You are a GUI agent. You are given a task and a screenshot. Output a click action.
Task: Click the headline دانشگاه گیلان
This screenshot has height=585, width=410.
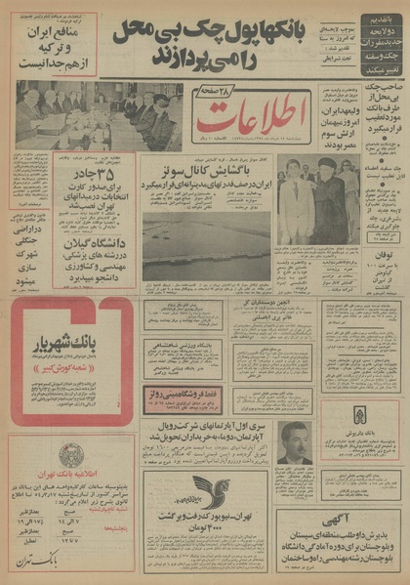[x=96, y=243]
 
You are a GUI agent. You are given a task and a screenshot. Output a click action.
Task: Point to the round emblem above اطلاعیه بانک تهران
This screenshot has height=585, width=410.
[x=69, y=456]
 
